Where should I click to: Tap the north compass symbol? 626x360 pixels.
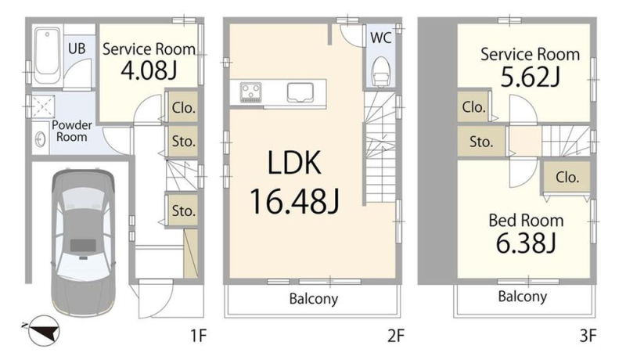(x=42, y=331)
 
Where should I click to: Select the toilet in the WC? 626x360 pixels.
(x=380, y=71)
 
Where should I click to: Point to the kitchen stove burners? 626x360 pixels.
(x=250, y=92)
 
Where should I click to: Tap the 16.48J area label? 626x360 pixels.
(x=295, y=202)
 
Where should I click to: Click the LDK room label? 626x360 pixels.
(x=294, y=163)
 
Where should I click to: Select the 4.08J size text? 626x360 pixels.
(x=149, y=71)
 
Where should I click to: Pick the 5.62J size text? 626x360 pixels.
(x=531, y=77)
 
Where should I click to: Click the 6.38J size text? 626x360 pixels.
(x=526, y=243)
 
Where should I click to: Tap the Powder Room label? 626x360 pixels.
(x=72, y=131)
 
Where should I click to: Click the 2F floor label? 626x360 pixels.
(x=396, y=336)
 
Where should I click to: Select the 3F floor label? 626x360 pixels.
(x=588, y=336)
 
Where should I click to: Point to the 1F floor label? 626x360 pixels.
(x=198, y=336)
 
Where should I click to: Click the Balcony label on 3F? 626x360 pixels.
(x=523, y=297)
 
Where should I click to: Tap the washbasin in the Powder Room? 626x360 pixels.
(x=40, y=139)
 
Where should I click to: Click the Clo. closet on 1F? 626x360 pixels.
(x=183, y=107)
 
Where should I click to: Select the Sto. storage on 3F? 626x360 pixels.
(x=481, y=142)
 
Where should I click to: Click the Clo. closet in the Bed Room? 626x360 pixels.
(x=567, y=177)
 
